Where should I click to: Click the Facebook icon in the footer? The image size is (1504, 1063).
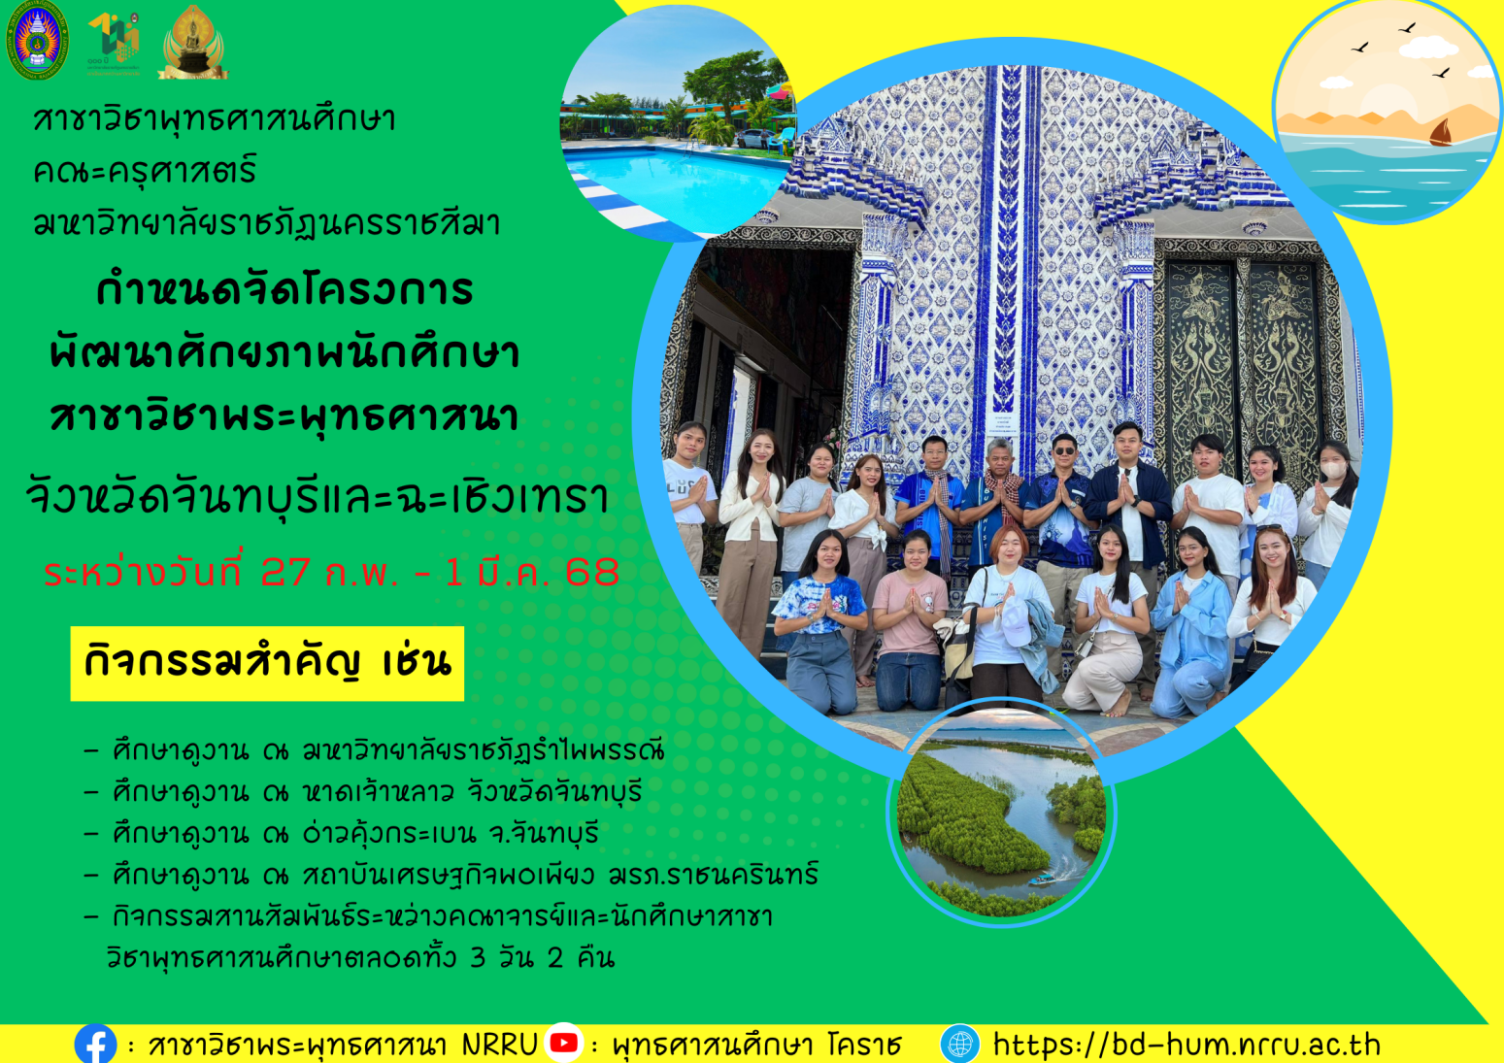coord(95,1044)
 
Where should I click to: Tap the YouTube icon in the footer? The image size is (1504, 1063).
coord(563,1043)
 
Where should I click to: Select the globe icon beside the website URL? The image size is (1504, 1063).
coord(959,1044)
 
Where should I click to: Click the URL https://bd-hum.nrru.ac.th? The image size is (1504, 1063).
coord(1187,1045)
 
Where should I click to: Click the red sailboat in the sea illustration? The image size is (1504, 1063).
coord(1441,133)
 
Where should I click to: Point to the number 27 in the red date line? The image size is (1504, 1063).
coord(285,572)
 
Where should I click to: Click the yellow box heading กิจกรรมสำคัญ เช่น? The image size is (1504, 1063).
coord(267,663)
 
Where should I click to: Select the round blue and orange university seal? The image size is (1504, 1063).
coord(37,41)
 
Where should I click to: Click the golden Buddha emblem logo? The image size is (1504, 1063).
coord(193,43)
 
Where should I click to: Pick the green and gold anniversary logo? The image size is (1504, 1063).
coord(115,43)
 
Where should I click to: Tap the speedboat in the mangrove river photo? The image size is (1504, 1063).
coord(1043,879)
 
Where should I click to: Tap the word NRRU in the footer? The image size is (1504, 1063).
coord(499,1045)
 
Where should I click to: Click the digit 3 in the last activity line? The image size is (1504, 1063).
coord(478,958)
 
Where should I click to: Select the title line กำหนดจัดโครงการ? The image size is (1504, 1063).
coord(284,291)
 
